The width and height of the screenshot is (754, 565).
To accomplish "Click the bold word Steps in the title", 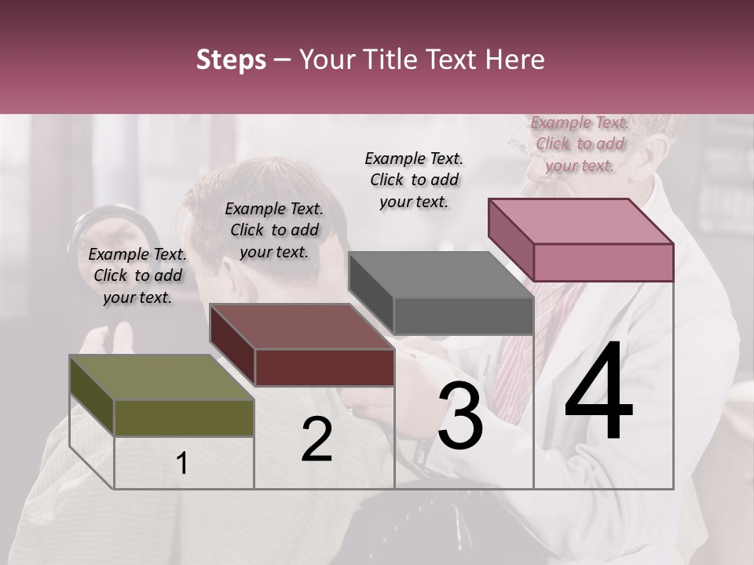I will tap(231, 60).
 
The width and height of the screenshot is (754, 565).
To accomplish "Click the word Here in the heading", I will tap(517, 60).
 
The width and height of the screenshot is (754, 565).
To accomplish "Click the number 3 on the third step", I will tap(460, 418).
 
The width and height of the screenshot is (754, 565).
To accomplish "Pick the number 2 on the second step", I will tap(317, 440).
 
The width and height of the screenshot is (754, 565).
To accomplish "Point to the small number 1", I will tap(182, 464).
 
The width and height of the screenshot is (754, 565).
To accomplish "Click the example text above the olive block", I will tap(137, 275).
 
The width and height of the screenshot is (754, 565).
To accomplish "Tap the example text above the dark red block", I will tap(274, 230).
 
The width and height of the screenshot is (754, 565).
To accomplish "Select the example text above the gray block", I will tap(414, 180).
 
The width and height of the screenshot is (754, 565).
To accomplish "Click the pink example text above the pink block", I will tap(580, 144).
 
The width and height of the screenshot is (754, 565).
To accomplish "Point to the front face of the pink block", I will tap(603, 262).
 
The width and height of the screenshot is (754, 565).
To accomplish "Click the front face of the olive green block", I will tap(184, 417).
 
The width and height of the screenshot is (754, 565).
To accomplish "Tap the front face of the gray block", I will tap(463, 316).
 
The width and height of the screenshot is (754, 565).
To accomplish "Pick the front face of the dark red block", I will tap(324, 367).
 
